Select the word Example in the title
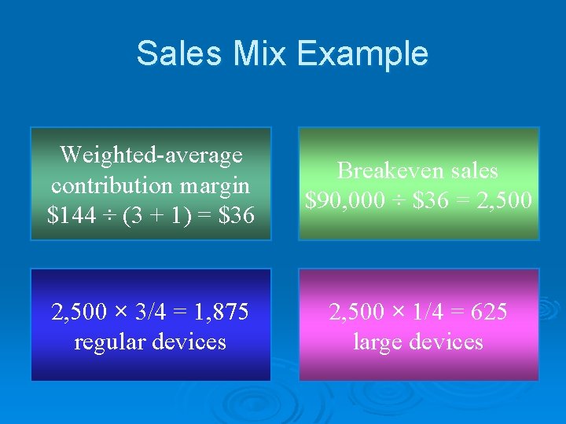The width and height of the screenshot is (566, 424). point(363,53)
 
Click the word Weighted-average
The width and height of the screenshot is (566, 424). point(151,155)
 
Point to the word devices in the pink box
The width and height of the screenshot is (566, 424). point(444,342)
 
